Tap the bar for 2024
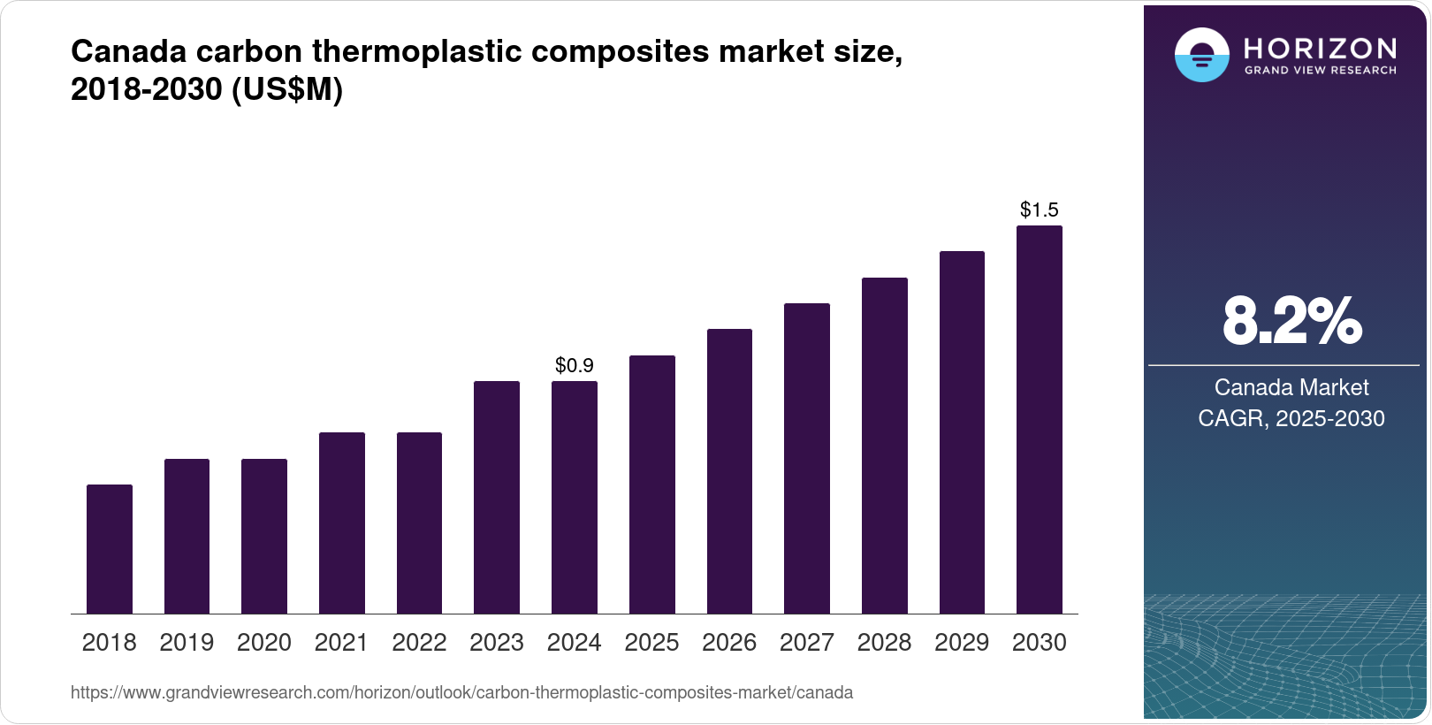pos(575,497)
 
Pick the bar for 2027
pos(807,458)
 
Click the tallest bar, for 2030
pos(1040,419)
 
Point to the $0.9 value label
pos(575,365)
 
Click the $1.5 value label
pos(1040,210)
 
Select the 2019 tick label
pos(187,643)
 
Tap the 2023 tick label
pos(497,643)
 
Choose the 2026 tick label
pos(729,643)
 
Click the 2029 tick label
pos(962,643)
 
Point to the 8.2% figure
pos(1291,321)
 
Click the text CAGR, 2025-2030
pos(1291,418)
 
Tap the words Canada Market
pos(1291,387)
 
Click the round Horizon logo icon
pos(1201,55)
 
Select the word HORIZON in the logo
pos(1321,48)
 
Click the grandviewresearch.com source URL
pos(461,692)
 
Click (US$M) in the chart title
pos(286,89)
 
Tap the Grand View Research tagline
pos(1321,71)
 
